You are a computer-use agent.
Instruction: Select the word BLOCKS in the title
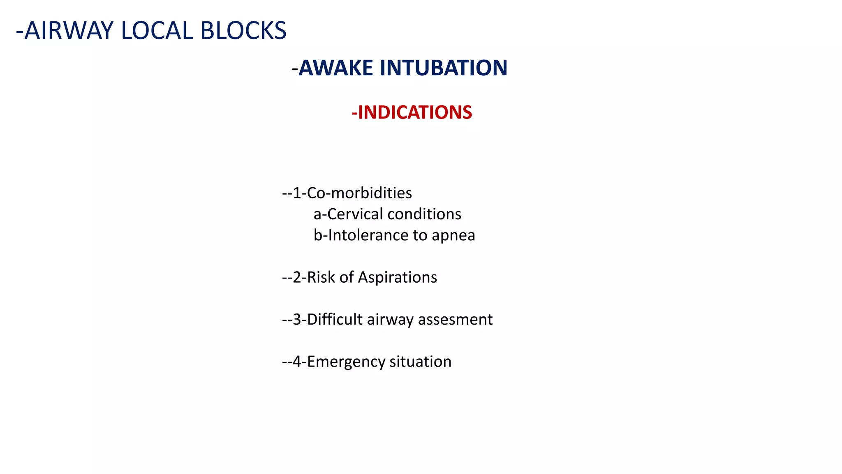(243, 31)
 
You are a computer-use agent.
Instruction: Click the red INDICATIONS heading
(412, 113)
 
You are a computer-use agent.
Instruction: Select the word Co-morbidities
(359, 193)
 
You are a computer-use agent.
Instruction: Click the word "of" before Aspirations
(347, 277)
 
